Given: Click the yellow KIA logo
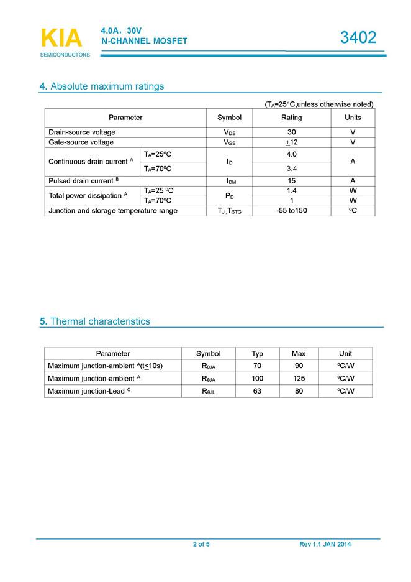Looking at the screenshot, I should [x=61, y=38].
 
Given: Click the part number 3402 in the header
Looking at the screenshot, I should [x=358, y=38].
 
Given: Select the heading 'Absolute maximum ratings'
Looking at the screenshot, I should [x=107, y=86].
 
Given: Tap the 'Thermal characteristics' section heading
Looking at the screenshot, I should [x=100, y=321].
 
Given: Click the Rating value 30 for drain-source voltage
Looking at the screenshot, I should [x=291, y=132].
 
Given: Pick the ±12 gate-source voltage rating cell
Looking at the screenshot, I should [x=291, y=142].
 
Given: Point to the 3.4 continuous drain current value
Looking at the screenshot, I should [x=291, y=169].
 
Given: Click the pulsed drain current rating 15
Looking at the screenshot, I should [x=291, y=181].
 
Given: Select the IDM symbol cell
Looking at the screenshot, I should [x=230, y=182].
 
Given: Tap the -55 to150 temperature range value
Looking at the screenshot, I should [x=291, y=211].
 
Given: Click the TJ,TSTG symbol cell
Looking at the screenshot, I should [x=229, y=211].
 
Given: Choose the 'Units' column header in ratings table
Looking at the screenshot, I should [x=353, y=118].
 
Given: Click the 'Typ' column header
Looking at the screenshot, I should [x=257, y=353].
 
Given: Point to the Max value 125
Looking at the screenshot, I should [x=299, y=378].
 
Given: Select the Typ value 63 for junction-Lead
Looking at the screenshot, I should [x=257, y=391].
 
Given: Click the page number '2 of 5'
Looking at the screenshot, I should [x=201, y=545].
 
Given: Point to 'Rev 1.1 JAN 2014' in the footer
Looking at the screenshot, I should [x=325, y=545].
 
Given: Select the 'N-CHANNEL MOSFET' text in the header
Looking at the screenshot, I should [x=144, y=41].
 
